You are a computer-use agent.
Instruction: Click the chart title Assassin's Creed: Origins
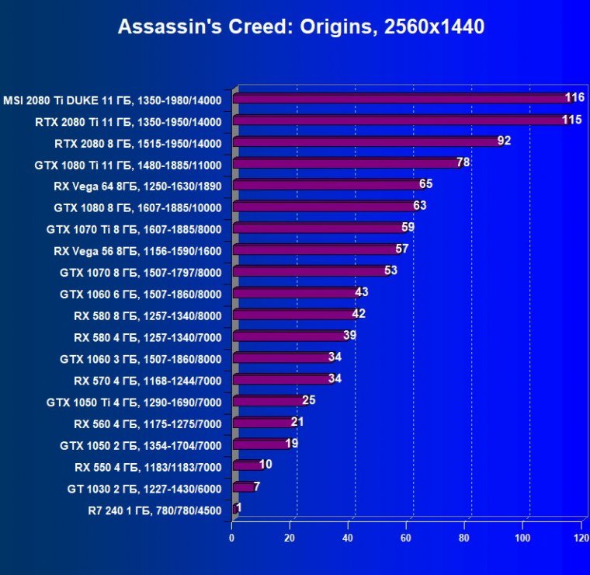pos(300,27)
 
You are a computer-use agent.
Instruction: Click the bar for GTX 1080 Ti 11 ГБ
pos(345,164)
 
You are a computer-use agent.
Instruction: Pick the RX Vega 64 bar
pos(326,185)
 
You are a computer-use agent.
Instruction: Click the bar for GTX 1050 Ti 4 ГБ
pos(268,401)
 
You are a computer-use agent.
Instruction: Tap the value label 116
pos(574,98)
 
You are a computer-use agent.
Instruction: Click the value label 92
pos(504,141)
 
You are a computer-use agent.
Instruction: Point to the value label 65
pos(425,184)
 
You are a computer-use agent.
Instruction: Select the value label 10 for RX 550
pos(265,465)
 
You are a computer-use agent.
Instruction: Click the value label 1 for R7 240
pos(239,508)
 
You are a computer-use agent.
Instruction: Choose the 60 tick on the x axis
pos(407,537)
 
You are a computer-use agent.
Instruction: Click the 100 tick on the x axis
pos(523,537)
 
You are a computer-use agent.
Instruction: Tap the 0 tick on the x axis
pos(232,537)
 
